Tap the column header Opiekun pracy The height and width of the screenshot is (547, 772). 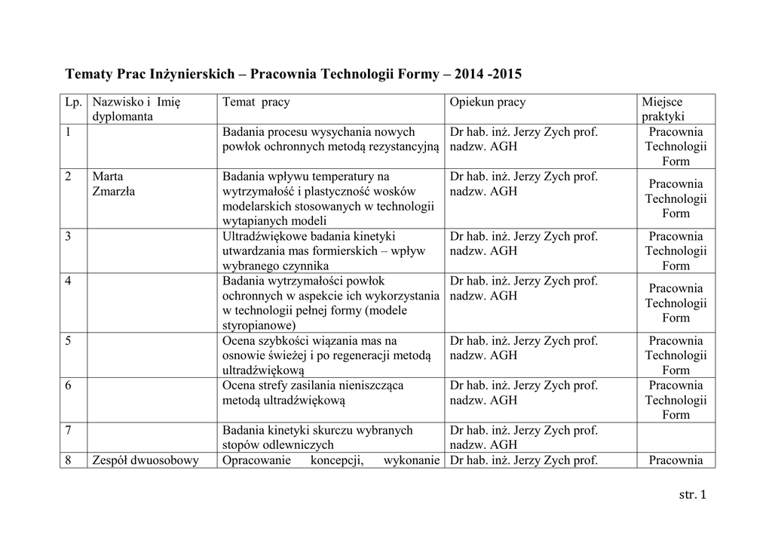[488, 102]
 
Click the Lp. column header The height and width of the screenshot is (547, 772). [73, 102]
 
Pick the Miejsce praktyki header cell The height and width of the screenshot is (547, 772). [663, 109]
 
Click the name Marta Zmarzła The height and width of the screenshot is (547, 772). [113, 184]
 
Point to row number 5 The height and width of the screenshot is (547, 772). [69, 341]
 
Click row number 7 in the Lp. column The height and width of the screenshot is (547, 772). [69, 431]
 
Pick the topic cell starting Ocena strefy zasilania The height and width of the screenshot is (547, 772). [329, 392]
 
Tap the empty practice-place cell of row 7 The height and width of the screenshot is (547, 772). [675, 438]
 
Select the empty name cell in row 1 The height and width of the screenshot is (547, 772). [152, 146]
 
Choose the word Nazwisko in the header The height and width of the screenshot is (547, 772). [117, 102]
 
